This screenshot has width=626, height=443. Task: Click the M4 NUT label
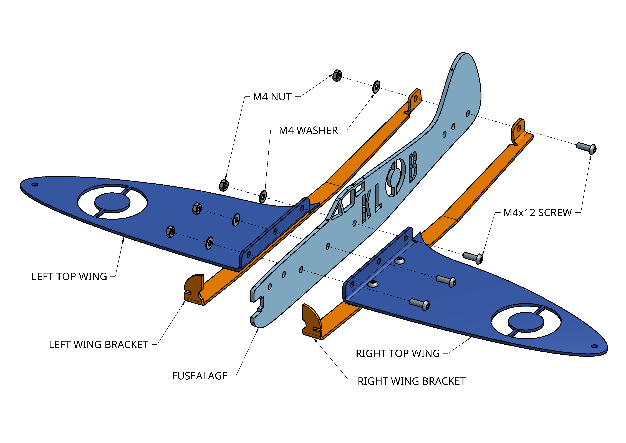(x=272, y=97)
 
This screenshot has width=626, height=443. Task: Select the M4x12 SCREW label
(x=537, y=213)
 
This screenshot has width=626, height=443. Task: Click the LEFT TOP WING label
(x=69, y=277)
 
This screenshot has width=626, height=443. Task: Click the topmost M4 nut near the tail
(x=337, y=76)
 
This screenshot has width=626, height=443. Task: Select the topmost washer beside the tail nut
(x=376, y=87)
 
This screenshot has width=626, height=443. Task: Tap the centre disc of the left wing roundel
(x=112, y=201)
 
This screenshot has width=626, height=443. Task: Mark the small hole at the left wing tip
(x=35, y=185)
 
